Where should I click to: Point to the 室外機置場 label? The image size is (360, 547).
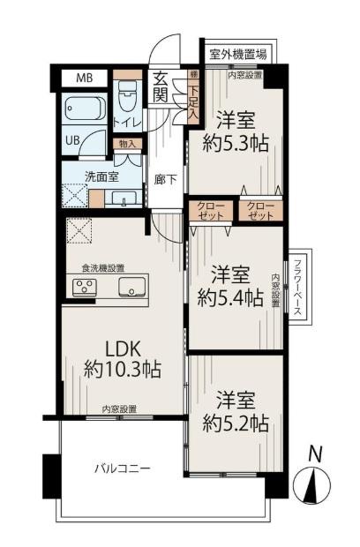click(x=236, y=52)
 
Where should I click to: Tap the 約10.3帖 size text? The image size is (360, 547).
click(x=122, y=371)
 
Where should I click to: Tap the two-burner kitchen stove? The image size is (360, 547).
click(x=85, y=286)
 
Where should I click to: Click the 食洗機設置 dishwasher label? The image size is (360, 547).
click(x=103, y=268)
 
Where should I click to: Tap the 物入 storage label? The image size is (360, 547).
click(x=126, y=143)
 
